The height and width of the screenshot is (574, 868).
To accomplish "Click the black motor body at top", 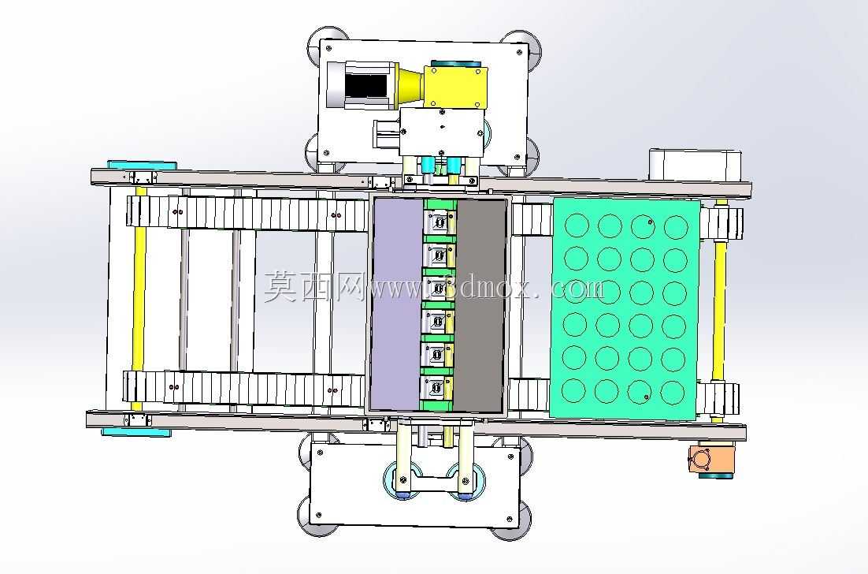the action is [365, 84].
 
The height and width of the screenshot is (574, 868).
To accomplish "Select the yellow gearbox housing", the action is [455, 87].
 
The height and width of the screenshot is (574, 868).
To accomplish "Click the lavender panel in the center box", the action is [397, 304].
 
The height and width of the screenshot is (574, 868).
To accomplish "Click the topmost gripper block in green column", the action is [439, 222].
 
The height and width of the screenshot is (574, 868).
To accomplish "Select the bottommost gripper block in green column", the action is [438, 388].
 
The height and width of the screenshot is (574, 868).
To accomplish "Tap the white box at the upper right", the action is [694, 165].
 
